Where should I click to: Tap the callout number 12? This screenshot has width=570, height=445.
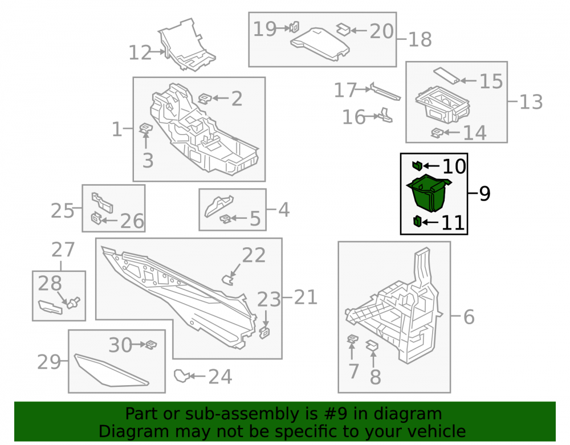[x=140, y=52]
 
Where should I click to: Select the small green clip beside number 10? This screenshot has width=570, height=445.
[x=417, y=165]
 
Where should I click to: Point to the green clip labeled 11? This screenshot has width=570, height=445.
[x=417, y=221]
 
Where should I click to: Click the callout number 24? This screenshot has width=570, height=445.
[x=220, y=377]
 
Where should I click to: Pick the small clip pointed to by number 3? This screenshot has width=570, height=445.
[x=146, y=128]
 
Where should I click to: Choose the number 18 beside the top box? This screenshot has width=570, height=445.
[x=420, y=39]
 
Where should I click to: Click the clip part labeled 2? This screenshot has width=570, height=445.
[x=205, y=99]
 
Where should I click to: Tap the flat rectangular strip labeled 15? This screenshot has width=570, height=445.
[x=447, y=76]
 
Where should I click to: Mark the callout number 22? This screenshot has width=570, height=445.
[x=254, y=255]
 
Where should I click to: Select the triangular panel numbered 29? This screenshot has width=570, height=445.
[x=111, y=370]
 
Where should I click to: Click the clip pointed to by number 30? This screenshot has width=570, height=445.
[x=151, y=344]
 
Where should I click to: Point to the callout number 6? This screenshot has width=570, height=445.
[x=469, y=317]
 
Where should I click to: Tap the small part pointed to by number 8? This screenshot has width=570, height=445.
[x=372, y=345]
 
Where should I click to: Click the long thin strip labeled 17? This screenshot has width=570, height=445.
[x=385, y=92]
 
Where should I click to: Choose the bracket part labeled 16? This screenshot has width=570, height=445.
[x=386, y=115]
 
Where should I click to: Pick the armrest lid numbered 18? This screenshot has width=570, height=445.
[x=320, y=43]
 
